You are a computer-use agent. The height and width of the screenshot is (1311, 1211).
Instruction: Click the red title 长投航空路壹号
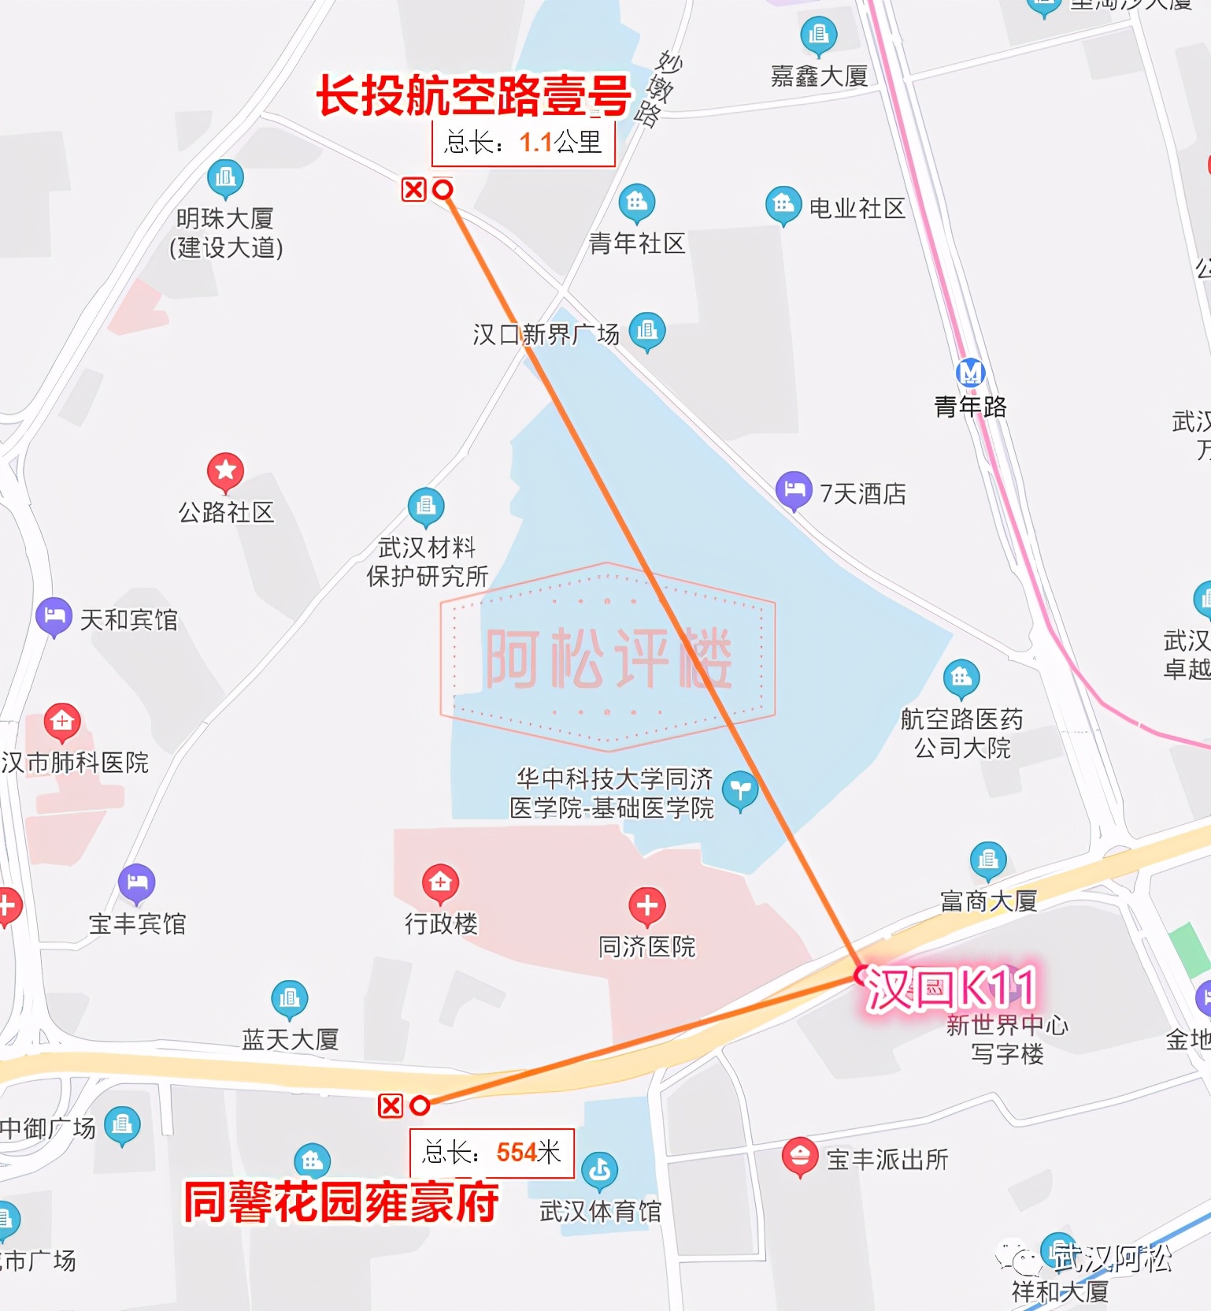point(473,96)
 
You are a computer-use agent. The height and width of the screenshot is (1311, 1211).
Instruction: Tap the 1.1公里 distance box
point(523,143)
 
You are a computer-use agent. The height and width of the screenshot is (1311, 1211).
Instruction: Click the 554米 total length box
point(491,1153)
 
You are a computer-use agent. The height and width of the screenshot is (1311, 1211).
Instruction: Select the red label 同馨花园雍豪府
point(341,1202)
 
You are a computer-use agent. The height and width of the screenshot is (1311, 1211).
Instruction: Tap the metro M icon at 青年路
point(970,372)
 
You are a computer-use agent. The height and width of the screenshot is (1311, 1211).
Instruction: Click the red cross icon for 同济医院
point(647,906)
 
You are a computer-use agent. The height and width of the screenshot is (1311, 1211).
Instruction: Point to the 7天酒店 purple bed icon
point(794,490)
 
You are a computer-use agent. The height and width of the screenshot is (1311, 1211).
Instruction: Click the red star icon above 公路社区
point(225,471)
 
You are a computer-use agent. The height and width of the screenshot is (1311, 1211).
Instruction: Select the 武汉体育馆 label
point(600,1211)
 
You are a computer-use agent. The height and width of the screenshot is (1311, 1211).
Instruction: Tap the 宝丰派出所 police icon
point(800,1157)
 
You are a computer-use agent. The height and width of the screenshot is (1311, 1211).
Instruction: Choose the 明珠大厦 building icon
point(225,178)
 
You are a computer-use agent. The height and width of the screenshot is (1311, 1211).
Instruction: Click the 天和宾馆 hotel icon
point(54,616)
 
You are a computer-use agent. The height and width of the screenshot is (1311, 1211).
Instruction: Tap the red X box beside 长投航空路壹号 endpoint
point(414,190)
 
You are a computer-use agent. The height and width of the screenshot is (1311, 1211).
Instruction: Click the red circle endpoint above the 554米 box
point(420,1105)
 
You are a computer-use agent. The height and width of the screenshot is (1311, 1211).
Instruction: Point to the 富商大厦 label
point(988,900)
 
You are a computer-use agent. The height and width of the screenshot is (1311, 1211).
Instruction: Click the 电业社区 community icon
point(783,205)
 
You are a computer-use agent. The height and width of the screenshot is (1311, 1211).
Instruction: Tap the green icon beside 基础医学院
point(739,790)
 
